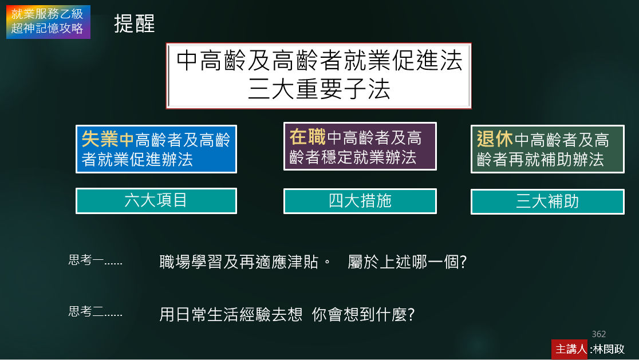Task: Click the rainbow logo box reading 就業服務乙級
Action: [x=48, y=22]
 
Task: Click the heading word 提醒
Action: [x=135, y=23]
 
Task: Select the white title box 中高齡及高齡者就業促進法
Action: [x=319, y=76]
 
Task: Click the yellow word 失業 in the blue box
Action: [x=100, y=139]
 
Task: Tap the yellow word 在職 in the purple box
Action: [x=307, y=137]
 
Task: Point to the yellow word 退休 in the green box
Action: [x=495, y=139]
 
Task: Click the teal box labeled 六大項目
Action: [x=156, y=201]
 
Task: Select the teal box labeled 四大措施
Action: [x=360, y=201]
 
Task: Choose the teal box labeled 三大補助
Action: [x=547, y=201]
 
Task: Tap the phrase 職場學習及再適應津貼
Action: [x=239, y=262]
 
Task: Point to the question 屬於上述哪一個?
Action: [x=407, y=262]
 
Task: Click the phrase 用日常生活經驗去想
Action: [x=231, y=314]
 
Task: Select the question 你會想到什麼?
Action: [x=363, y=314]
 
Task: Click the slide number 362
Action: [x=599, y=334]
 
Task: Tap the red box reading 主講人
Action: [x=570, y=349]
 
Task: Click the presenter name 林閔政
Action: [x=609, y=349]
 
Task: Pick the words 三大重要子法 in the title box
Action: [x=319, y=89]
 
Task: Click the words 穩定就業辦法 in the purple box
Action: [x=369, y=157]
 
